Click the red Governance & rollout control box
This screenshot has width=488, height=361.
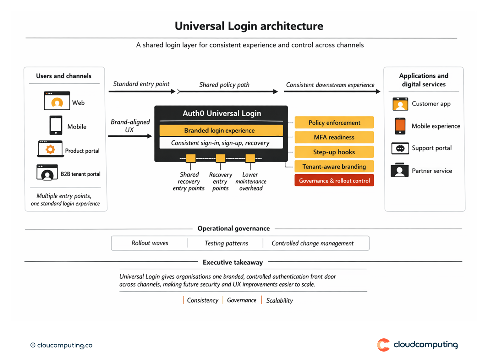pos(334,181)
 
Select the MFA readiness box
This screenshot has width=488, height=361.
pos(334,137)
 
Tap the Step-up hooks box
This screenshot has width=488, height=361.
pos(334,152)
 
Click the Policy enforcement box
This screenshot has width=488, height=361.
pos(334,123)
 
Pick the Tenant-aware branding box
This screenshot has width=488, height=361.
pos(334,167)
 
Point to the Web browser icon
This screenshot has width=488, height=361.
pos(57,101)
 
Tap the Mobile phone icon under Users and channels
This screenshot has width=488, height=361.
pos(56,125)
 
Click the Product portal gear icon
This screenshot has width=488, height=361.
pos(50,149)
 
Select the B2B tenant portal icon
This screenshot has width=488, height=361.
pos(47,172)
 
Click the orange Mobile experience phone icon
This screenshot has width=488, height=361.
pos(400,126)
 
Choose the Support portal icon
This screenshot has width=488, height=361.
pos(400,148)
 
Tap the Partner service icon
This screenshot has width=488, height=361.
pos(400,171)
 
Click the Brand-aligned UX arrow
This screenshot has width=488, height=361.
pos(130,136)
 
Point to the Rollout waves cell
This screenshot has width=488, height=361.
pos(150,243)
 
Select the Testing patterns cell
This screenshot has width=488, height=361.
pos(226,243)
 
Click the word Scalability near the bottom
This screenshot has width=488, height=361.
pos(279,301)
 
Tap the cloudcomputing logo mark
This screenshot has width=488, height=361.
pos(383,345)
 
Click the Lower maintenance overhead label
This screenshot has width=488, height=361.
pos(251,182)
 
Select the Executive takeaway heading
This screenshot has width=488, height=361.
pos(233,262)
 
